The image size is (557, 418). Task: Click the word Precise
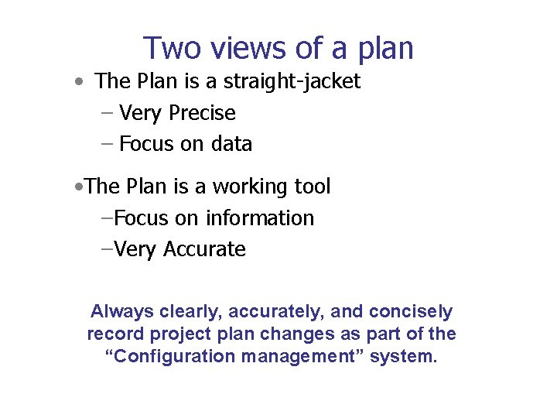pos(202,113)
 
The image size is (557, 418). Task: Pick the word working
pos(248,187)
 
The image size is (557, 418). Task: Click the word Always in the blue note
pos(122,312)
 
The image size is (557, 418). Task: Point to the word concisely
pos(411,312)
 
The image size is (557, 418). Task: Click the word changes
pos(288,334)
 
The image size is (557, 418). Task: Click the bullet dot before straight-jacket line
pos(80,82)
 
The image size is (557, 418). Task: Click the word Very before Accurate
pos(135,249)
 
